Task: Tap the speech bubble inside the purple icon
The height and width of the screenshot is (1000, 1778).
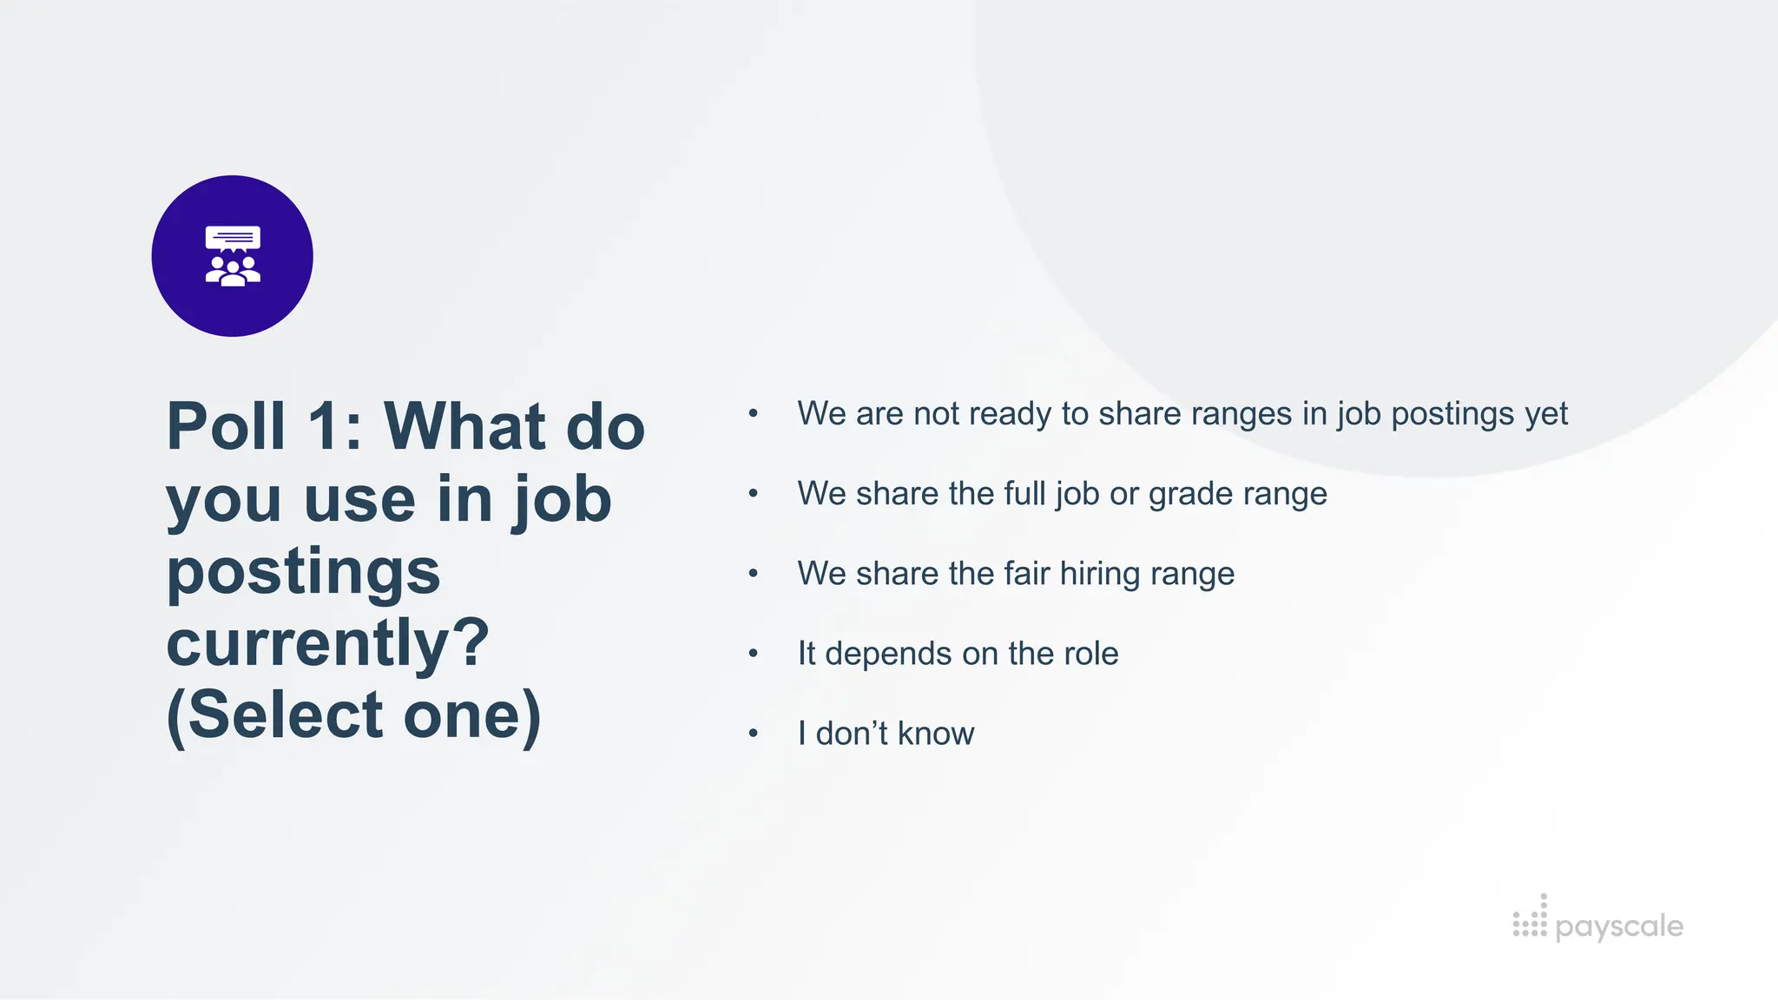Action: tap(232, 237)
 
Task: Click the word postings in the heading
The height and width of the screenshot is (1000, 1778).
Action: tap(303, 572)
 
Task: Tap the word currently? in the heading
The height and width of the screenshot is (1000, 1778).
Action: tap(328, 643)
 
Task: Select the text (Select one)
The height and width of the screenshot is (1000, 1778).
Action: tap(353, 716)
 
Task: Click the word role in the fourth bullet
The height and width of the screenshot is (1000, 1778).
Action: tap(1090, 654)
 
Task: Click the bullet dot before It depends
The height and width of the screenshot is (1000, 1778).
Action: tap(753, 654)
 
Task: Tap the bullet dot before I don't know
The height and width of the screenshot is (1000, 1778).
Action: tap(753, 734)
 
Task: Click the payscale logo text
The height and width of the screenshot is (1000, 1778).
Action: tap(1619, 926)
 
